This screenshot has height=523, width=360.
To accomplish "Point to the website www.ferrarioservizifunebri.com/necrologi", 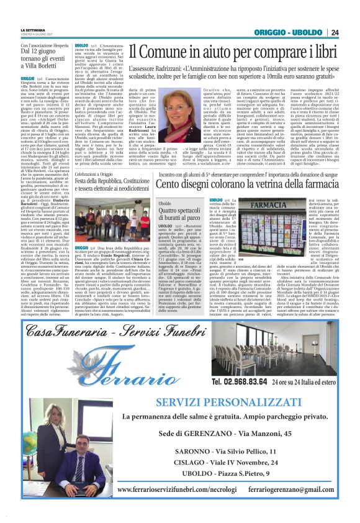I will (x=177, y=489).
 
